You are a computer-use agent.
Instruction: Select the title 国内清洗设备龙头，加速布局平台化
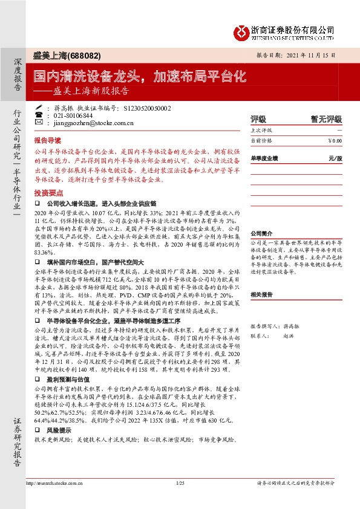coord(139,76)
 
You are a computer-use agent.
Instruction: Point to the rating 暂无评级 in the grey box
coord(326,119)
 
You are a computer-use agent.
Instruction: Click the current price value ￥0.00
coord(334,140)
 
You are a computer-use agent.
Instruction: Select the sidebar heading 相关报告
coord(261,294)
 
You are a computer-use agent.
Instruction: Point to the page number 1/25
coord(180,484)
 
